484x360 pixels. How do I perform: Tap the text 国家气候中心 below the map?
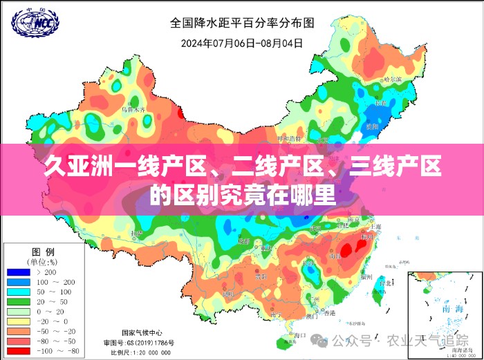(x=143, y=332)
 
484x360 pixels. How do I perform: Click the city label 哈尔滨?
(x=392, y=79)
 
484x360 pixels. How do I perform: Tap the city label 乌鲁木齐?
(x=133, y=109)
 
